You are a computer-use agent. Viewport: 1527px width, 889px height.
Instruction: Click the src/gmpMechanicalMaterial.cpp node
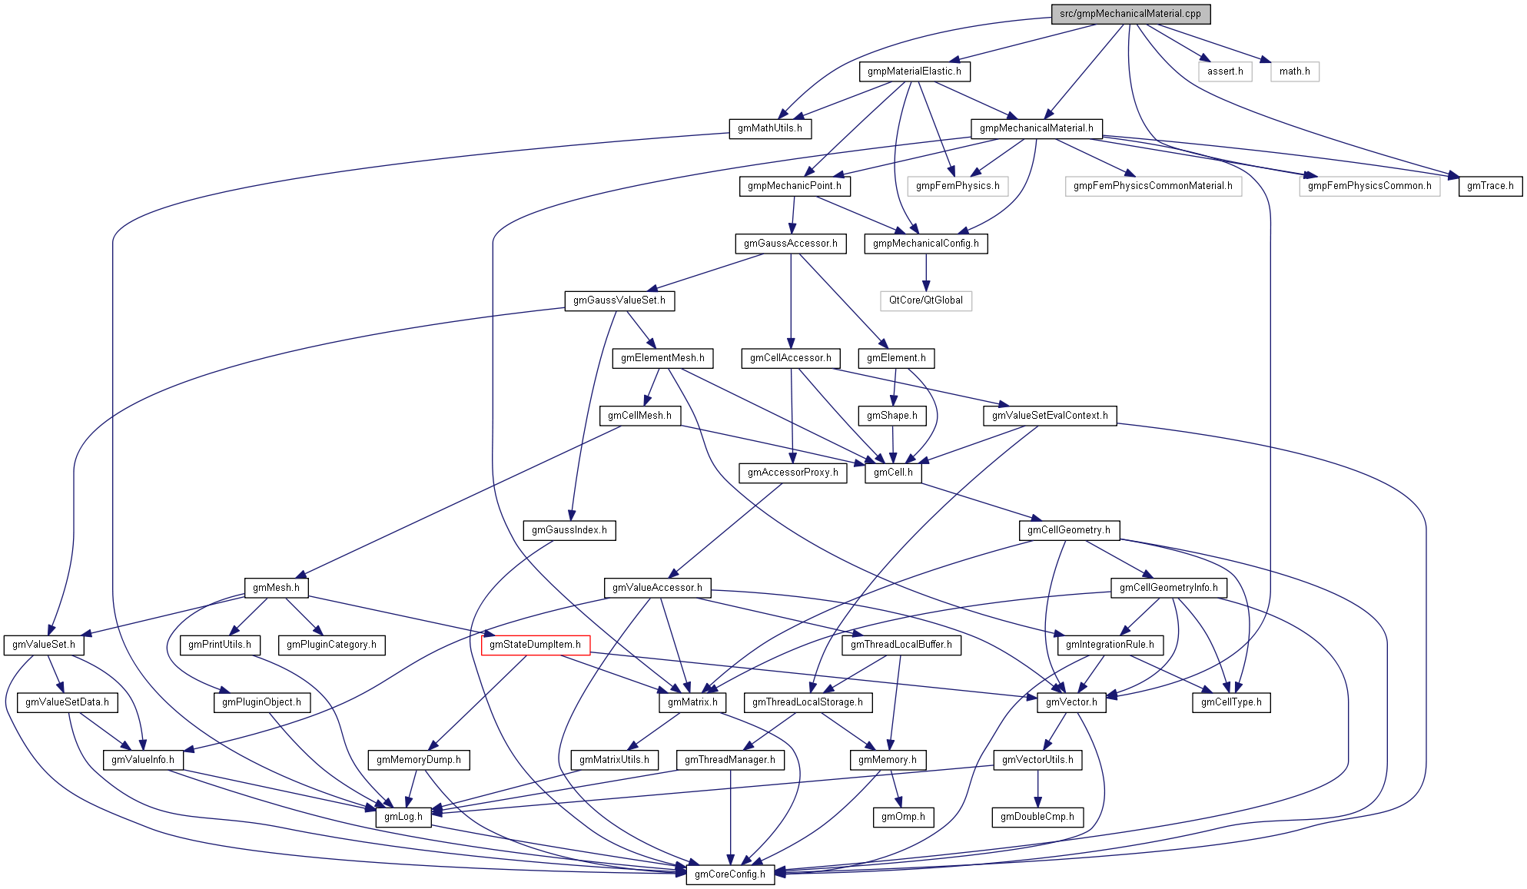(x=1130, y=14)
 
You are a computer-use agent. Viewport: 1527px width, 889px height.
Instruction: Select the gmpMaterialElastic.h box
(x=914, y=71)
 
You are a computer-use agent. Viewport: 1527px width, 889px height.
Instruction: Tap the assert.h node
(x=1225, y=71)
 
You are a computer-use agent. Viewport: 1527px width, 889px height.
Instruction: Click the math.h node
(x=1295, y=71)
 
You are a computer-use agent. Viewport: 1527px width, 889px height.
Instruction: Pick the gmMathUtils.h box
(x=769, y=128)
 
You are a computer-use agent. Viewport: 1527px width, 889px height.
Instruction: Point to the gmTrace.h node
(x=1490, y=186)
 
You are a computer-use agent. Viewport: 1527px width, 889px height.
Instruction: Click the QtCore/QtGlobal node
(x=926, y=300)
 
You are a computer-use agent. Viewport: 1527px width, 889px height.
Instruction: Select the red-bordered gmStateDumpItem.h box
(x=535, y=645)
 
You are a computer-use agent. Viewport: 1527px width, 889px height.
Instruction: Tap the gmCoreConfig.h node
(x=730, y=874)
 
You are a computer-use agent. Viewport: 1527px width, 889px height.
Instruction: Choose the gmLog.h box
(x=403, y=817)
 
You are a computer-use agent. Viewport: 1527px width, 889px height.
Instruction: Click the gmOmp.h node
(x=903, y=817)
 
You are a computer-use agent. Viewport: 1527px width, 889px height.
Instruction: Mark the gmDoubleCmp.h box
(x=1037, y=817)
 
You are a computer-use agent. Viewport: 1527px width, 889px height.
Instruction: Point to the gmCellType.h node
(x=1231, y=702)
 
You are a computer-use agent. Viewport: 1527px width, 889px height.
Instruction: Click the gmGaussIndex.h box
(x=569, y=530)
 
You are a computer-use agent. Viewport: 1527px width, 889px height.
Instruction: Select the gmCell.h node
(x=893, y=473)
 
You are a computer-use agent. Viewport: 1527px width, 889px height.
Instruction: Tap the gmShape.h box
(x=892, y=416)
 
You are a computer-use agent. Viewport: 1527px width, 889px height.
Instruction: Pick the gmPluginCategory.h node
(x=331, y=645)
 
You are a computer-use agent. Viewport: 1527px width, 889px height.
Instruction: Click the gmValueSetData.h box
(x=67, y=702)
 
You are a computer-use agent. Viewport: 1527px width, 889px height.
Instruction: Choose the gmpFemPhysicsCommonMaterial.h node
(x=1153, y=186)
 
